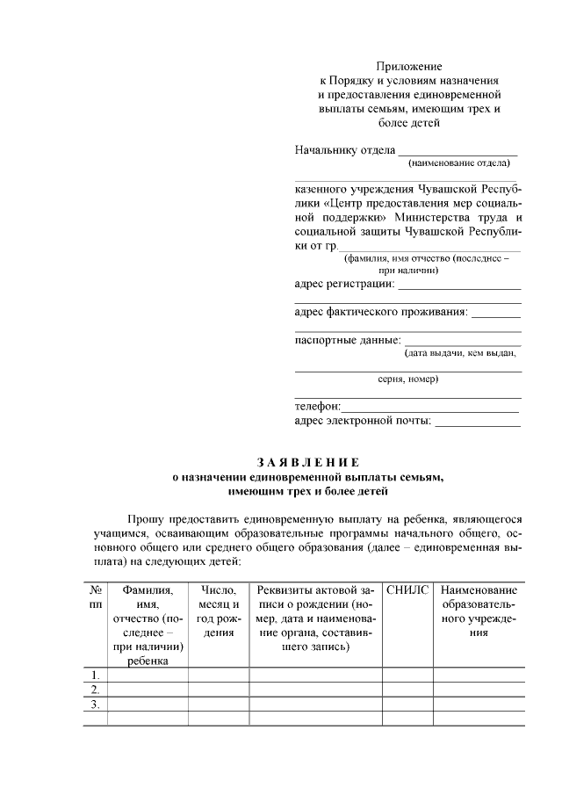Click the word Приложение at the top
click(x=408, y=67)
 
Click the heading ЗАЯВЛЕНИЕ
click(x=308, y=462)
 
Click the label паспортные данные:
click(x=347, y=340)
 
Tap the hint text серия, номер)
click(x=408, y=379)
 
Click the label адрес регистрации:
click(x=344, y=285)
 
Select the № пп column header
click(x=95, y=598)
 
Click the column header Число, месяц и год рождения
click(x=219, y=611)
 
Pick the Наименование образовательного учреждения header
click(x=478, y=611)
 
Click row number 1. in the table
click(x=95, y=675)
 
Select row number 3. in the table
click(x=95, y=704)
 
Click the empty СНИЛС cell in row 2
click(x=407, y=690)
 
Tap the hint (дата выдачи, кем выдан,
click(x=460, y=353)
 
